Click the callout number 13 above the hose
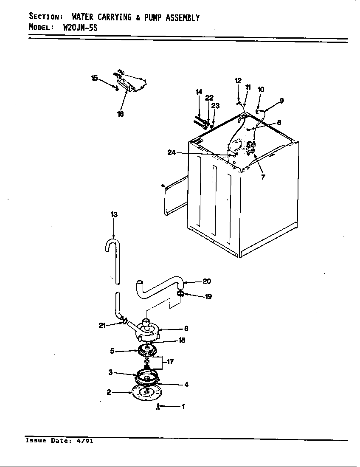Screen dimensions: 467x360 pos(114,215)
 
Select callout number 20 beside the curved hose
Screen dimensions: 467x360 pos(207,281)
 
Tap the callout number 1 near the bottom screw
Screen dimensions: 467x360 pos(183,407)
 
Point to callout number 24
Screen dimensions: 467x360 pos(172,153)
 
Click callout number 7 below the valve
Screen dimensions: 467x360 pos(263,177)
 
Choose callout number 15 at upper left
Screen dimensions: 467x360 pos(94,78)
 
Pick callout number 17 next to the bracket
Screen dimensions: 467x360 pos(170,362)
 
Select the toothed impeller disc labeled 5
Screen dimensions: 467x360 pos(146,351)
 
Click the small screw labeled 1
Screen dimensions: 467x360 pos(158,407)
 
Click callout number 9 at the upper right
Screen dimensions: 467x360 pos(281,101)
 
